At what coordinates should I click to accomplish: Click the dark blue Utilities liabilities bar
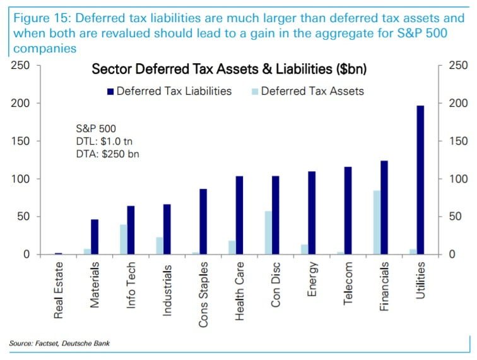[x=421, y=180]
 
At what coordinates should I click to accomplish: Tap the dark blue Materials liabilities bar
[x=95, y=237]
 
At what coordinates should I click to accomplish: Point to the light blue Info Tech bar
[x=123, y=239]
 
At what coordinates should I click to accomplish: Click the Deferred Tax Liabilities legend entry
[x=170, y=91]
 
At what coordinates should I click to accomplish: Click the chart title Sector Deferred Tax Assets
[x=230, y=69]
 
